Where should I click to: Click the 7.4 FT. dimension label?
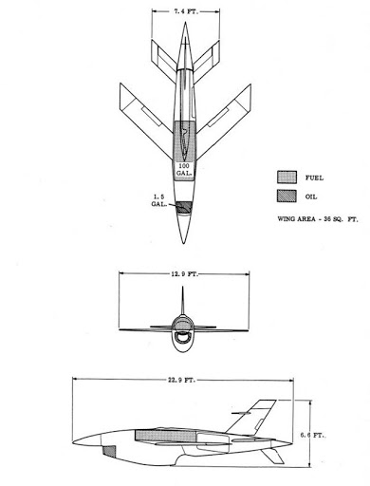(186, 11)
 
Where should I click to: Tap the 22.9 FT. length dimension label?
(181, 380)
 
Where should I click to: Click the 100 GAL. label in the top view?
(184, 170)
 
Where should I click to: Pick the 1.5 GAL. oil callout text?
(159, 200)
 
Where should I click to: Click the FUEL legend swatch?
(287, 178)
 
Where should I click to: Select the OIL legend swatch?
(287, 196)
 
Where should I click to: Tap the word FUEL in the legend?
(314, 178)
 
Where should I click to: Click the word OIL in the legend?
(311, 196)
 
